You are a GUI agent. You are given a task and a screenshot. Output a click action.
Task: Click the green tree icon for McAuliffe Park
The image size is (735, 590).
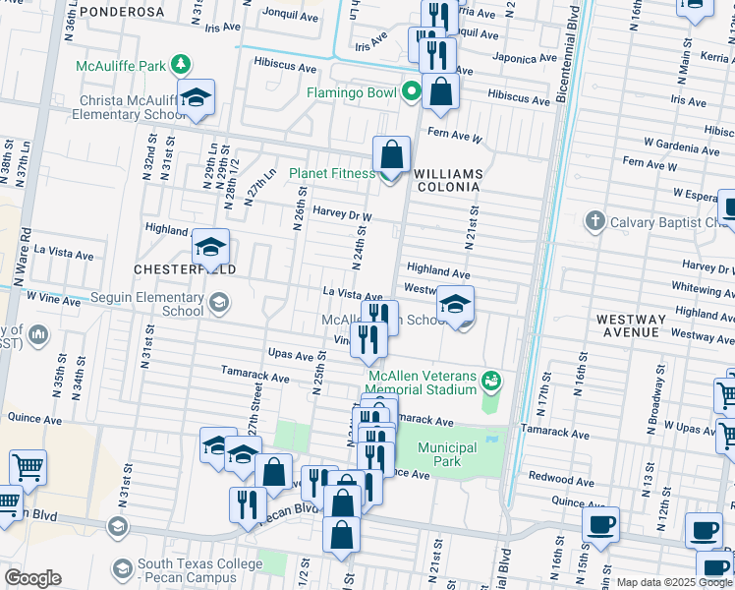(x=180, y=66)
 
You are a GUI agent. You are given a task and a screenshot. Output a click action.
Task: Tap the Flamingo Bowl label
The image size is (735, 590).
(x=351, y=93)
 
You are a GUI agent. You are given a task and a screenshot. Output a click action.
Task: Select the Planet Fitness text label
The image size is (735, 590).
(x=331, y=174)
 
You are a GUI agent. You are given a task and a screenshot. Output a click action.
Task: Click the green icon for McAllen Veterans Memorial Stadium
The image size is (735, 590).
(x=492, y=380)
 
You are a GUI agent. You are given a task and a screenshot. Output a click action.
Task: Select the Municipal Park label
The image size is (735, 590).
(x=447, y=454)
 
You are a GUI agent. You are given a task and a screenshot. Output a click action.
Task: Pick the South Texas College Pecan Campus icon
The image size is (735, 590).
(x=123, y=569)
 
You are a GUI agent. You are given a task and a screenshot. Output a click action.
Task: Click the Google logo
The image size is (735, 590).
(x=31, y=578)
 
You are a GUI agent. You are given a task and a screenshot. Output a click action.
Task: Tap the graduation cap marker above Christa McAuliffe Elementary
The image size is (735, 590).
(x=197, y=97)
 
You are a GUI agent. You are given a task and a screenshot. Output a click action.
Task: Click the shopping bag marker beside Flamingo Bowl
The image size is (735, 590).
(x=442, y=91)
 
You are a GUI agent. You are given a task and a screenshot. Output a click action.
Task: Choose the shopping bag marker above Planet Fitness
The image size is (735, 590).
(x=392, y=154)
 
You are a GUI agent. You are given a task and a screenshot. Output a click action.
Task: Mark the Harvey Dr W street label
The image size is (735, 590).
(x=341, y=214)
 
